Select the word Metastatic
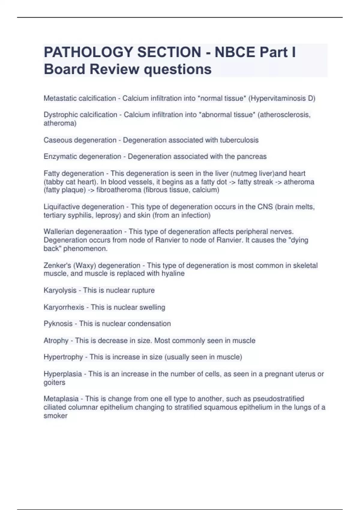[x=59, y=98]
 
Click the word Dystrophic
[x=59, y=115]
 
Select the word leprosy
[x=108, y=215]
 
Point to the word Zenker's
[x=57, y=265]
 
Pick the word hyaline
[x=173, y=274]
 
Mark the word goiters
[x=54, y=382]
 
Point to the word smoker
[x=55, y=416]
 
